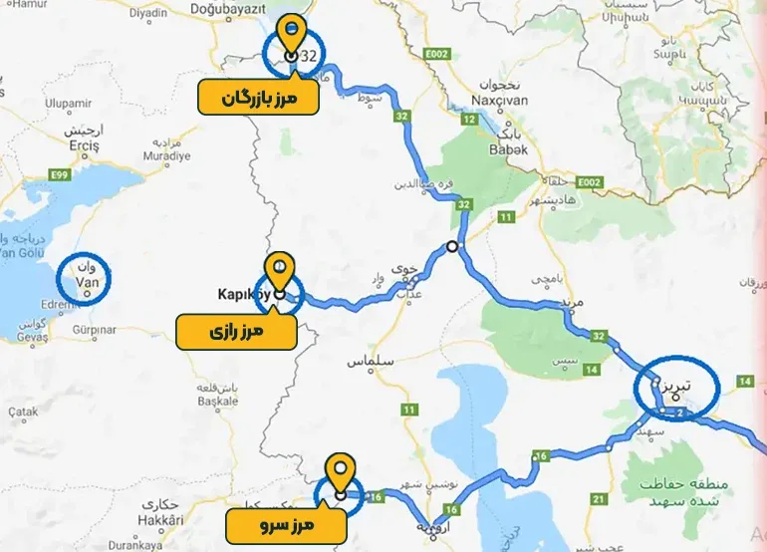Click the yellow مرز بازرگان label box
(x=258, y=98)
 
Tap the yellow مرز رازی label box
(x=236, y=333)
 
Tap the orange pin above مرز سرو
(x=342, y=469)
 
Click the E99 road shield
(x=61, y=175)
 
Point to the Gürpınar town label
(x=95, y=328)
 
